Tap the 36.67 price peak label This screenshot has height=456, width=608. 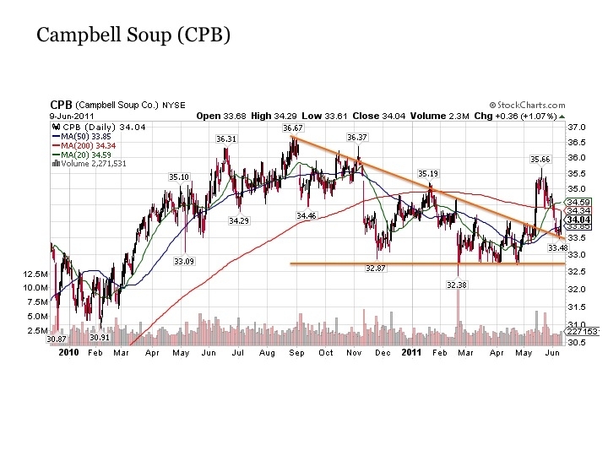292,128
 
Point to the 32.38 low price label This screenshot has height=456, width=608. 457,286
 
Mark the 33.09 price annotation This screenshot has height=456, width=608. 184,262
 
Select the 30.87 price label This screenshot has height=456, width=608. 57,339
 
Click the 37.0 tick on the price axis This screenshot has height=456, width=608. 577,127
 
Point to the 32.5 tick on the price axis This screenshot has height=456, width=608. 577,271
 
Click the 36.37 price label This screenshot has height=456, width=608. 357,137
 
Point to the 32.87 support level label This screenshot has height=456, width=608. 375,268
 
